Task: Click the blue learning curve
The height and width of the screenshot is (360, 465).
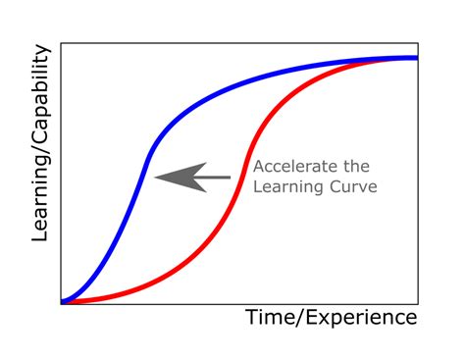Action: tap(196, 107)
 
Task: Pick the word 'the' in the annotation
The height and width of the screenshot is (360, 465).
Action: tap(362, 167)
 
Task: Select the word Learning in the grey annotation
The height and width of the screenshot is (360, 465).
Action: tap(285, 186)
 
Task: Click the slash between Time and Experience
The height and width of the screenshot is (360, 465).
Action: tap(296, 318)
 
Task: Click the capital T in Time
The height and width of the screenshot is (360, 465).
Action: tap(251, 318)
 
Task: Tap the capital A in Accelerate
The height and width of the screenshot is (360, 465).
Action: tap(259, 167)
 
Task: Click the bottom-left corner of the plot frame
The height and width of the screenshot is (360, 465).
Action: tap(61, 303)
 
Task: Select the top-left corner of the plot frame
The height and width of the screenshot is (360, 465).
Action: tap(61, 42)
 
